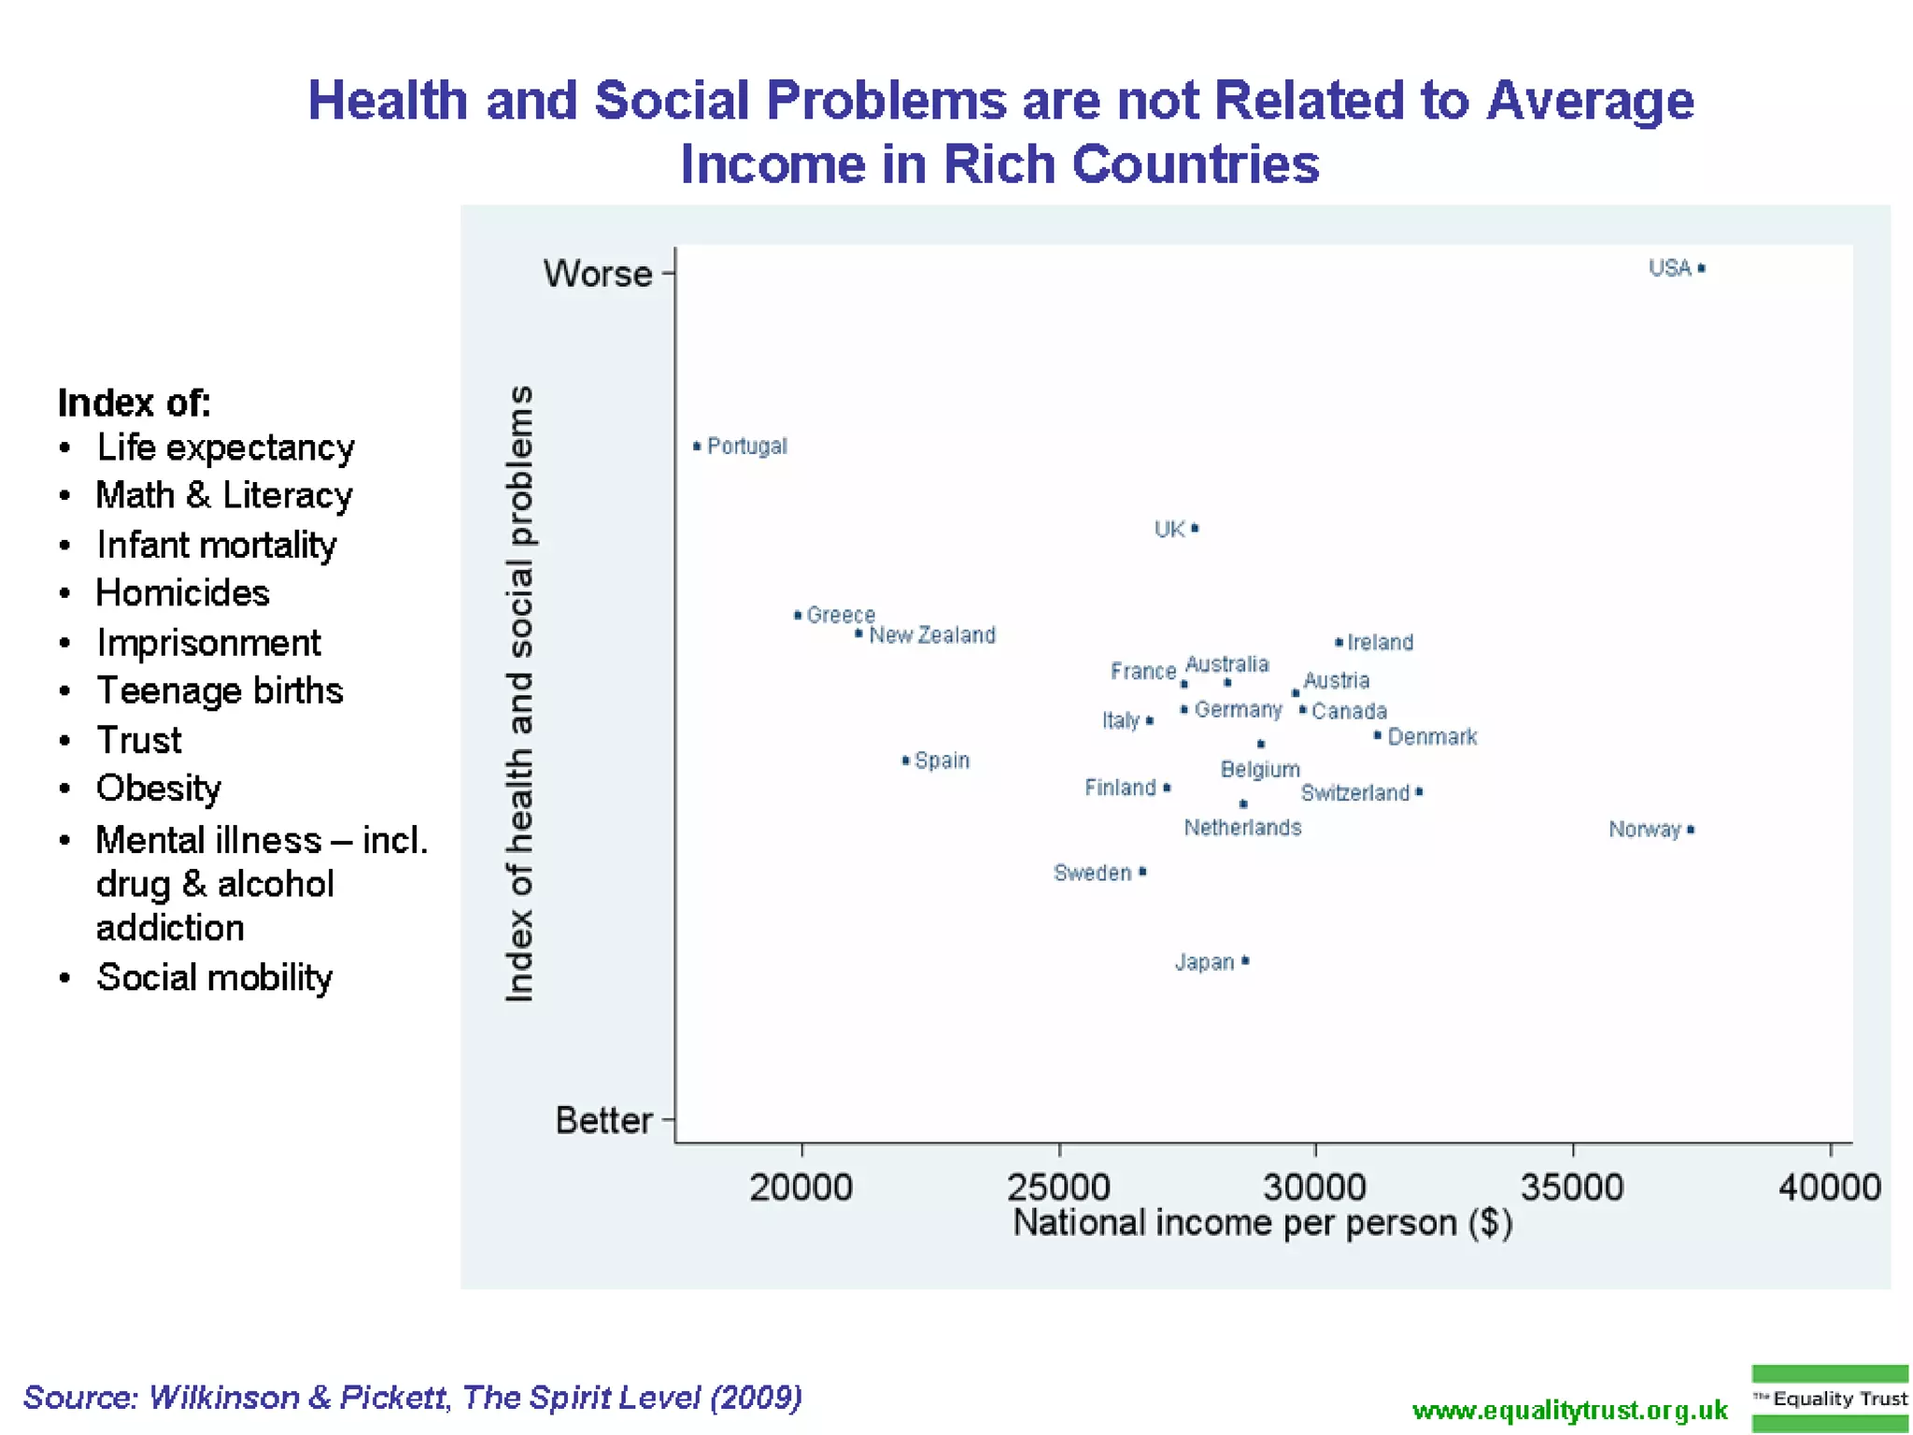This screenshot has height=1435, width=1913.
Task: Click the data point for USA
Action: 1701,269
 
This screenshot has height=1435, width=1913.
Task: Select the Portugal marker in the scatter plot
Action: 697,447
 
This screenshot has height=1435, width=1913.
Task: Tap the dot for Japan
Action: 1246,961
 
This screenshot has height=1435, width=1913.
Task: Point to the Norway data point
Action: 1691,830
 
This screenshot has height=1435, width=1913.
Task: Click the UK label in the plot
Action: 1169,530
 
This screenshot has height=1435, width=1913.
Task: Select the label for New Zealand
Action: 931,635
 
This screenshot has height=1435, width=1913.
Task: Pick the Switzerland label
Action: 1354,793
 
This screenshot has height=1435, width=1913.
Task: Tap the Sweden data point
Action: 1142,873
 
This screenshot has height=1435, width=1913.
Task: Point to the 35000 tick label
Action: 1572,1187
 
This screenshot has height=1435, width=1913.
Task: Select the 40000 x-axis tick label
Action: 1829,1187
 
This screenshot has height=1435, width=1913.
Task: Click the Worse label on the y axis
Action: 598,274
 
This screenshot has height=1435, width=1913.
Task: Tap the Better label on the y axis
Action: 603,1120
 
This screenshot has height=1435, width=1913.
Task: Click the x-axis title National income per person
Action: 1262,1223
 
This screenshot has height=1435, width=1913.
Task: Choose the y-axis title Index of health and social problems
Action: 519,693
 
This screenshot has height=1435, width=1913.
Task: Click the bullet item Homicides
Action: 183,593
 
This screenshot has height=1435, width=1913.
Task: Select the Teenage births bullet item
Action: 220,691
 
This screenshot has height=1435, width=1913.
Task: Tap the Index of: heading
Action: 134,403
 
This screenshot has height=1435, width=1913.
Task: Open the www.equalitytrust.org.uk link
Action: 1569,1410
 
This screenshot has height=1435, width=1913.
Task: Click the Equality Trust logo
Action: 1829,1399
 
